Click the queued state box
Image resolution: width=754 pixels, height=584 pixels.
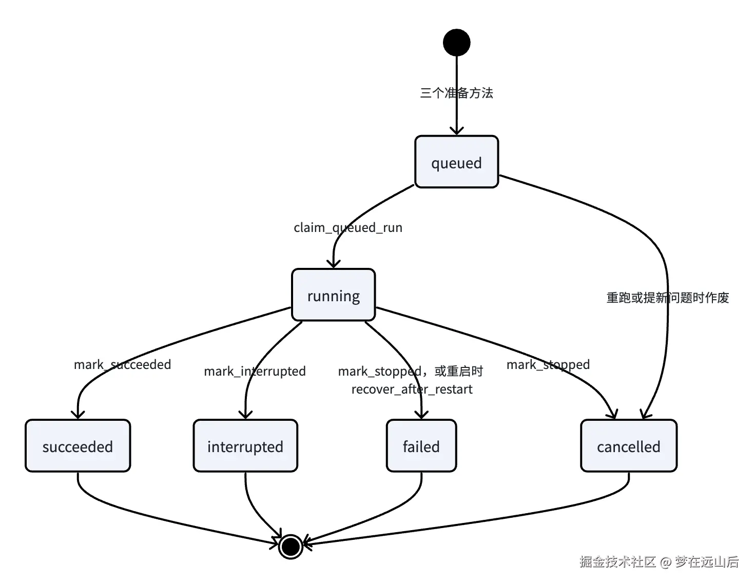(x=456, y=162)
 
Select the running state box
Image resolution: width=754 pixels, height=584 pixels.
(x=333, y=295)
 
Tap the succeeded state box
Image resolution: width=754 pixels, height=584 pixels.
(x=78, y=445)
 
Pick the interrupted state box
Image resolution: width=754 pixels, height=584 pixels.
(x=245, y=445)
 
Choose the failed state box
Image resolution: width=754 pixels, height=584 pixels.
(x=421, y=445)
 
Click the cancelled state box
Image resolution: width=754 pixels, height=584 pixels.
(x=628, y=445)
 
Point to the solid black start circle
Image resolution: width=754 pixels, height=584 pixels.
(x=457, y=42)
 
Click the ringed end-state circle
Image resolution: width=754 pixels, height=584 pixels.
(x=291, y=547)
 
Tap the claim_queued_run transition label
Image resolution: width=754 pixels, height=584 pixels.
(x=348, y=228)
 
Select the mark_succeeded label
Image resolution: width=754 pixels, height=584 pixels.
(x=123, y=364)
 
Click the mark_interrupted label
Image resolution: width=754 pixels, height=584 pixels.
(x=255, y=372)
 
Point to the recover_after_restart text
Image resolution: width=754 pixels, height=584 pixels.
(x=412, y=390)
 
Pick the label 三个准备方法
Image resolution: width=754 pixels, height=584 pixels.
(x=456, y=93)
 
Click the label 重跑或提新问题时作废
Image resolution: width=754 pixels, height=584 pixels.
(x=668, y=298)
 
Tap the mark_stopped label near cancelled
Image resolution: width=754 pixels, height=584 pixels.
(x=548, y=364)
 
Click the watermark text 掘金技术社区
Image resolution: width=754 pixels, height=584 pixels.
(x=617, y=561)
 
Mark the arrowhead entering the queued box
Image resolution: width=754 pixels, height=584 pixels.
(x=457, y=131)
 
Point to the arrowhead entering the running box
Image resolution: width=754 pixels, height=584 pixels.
(x=334, y=264)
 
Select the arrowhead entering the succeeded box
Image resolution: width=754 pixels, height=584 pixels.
(x=78, y=415)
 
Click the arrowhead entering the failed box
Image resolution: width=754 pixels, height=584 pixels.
(x=421, y=415)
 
